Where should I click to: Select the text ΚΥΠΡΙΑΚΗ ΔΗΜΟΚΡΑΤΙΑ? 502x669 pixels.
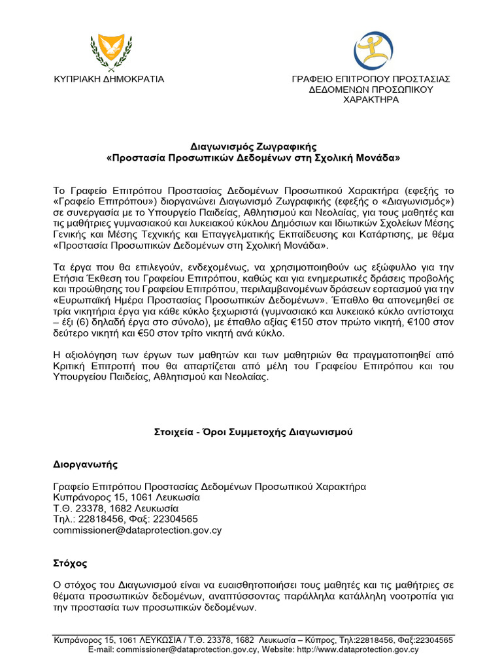[109, 79]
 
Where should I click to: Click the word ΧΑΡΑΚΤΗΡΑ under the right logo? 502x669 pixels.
[371, 99]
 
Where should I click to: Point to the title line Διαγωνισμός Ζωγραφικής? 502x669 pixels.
[250, 148]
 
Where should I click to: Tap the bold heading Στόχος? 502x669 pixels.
[70, 563]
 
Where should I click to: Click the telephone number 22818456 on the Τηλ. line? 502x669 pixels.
[99, 519]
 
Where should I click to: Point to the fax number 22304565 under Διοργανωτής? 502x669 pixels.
[175, 519]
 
